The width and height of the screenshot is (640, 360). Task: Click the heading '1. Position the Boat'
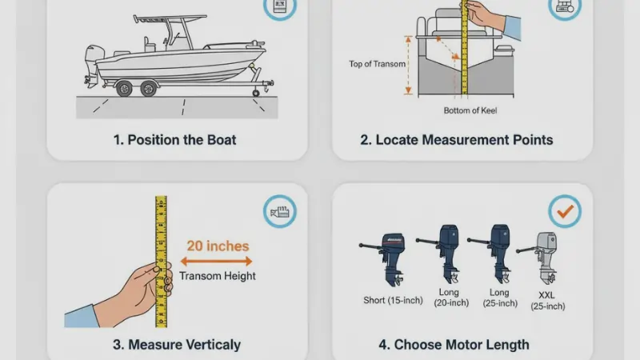click(174, 139)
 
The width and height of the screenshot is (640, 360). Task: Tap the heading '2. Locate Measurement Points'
click(456, 139)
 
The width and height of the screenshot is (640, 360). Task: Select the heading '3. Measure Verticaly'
click(177, 345)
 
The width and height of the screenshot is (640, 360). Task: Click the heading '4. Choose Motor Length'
click(454, 345)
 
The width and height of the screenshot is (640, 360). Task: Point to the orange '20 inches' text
click(218, 246)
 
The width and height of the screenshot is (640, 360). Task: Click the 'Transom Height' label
click(218, 276)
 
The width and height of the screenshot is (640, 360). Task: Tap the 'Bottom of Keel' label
click(470, 110)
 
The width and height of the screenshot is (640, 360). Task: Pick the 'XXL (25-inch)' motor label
click(547, 301)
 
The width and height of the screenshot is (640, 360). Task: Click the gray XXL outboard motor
click(546, 254)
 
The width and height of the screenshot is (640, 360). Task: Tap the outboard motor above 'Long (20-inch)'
click(446, 253)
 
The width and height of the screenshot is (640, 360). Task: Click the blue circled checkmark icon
click(564, 211)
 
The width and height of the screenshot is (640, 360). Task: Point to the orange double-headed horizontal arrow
click(218, 261)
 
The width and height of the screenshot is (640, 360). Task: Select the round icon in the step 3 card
click(279, 213)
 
